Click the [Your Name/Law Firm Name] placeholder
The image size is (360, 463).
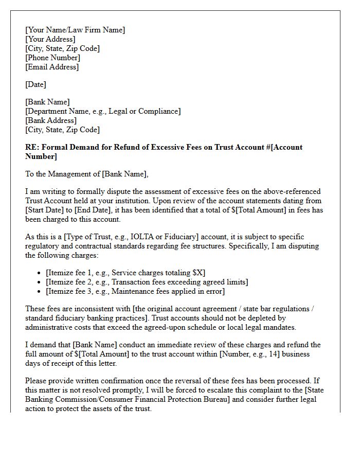75,30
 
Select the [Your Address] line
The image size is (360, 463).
50,39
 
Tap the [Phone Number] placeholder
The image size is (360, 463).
52,58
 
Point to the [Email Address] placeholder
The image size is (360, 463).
52,67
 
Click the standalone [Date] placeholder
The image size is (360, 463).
36,84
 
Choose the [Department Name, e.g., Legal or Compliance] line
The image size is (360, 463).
103,111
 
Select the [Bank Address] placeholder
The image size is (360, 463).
50,120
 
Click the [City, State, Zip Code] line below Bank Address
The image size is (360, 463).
62,130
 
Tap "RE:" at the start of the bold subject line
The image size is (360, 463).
32,147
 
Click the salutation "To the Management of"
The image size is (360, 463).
62,174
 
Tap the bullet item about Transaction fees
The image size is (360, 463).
147,282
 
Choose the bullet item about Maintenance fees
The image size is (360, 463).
135,291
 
